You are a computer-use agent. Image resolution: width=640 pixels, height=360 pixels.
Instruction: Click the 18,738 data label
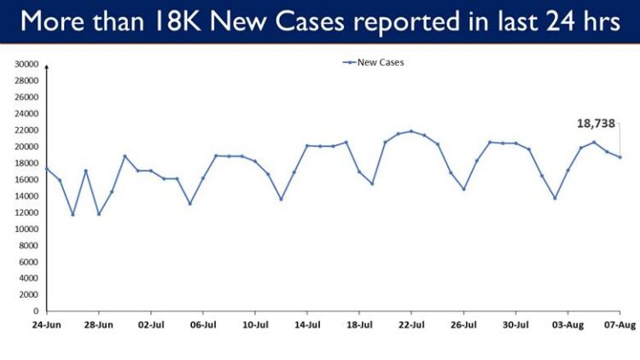tap(596, 124)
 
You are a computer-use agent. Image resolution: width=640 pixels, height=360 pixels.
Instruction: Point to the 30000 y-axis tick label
tap(26, 65)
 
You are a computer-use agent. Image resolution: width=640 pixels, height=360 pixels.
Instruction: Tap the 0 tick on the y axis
tap(35, 311)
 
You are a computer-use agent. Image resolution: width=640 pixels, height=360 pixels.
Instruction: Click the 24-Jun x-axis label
tap(47, 325)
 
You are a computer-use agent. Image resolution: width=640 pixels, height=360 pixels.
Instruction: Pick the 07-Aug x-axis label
tap(620, 325)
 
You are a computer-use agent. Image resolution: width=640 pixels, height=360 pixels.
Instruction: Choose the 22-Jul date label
tap(411, 325)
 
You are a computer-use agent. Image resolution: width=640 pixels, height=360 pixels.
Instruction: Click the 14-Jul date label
tap(307, 325)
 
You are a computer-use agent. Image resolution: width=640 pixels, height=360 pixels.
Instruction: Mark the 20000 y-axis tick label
tap(26, 147)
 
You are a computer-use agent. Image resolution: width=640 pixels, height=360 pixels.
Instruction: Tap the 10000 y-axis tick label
tap(26, 229)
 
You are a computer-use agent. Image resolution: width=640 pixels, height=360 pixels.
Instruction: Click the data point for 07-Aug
tap(620, 157)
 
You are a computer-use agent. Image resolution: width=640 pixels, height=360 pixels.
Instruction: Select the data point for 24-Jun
tap(47, 168)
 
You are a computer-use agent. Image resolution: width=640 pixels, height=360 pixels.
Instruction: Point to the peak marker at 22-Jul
tap(411, 131)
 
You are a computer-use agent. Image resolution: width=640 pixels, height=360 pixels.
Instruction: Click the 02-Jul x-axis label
tap(151, 325)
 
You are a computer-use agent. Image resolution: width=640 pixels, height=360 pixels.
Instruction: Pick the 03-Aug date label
tap(567, 325)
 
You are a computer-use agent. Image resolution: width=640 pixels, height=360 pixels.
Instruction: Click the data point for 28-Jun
tap(99, 214)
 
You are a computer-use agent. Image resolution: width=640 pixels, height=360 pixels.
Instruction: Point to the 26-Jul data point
tap(463, 189)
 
